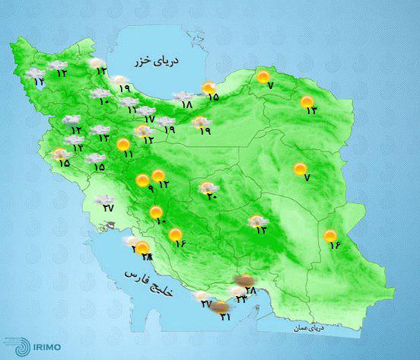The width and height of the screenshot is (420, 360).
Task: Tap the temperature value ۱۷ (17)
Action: click(x=150, y=119)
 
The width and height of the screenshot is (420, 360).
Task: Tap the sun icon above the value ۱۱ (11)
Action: click(x=123, y=144)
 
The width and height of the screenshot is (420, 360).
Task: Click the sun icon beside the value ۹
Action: click(x=142, y=180)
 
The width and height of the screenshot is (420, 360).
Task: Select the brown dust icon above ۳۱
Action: click(x=221, y=307)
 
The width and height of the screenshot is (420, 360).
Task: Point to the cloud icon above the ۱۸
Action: click(x=183, y=97)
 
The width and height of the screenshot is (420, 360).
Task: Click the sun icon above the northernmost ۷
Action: click(x=263, y=76)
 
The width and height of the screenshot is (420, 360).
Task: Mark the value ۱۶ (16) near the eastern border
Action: click(x=332, y=244)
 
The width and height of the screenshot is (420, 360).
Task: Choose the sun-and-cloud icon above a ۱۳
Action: click(x=259, y=221)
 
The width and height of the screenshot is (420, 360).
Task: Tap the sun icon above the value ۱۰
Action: click(x=156, y=212)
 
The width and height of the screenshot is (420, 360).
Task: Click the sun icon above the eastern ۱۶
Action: click(x=331, y=234)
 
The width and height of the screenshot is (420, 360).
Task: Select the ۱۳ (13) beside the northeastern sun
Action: click(x=310, y=111)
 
